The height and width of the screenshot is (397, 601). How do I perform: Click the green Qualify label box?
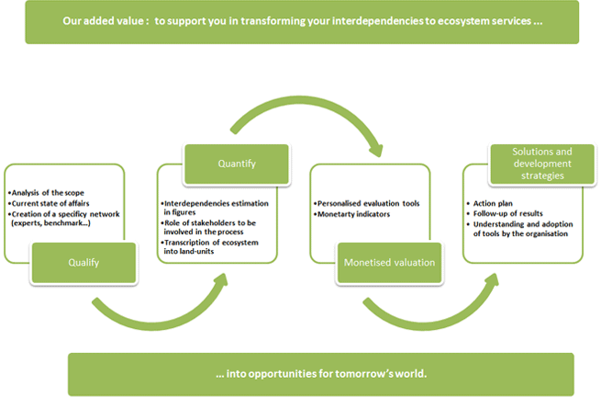[x=83, y=263]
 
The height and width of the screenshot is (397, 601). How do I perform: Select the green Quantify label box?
[x=237, y=164]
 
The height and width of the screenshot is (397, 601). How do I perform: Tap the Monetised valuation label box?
[x=389, y=263]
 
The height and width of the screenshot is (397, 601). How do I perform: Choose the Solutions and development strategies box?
[x=542, y=164]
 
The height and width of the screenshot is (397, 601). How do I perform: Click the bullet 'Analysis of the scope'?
[x=46, y=193]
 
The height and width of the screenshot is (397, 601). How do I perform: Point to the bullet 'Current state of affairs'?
[x=49, y=203]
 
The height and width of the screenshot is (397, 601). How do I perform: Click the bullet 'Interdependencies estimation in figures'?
[x=215, y=208]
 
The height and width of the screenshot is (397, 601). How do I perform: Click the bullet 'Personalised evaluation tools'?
[x=366, y=203]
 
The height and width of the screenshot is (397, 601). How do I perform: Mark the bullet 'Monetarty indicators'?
[x=351, y=214]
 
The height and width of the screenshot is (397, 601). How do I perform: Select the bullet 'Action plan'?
[x=489, y=203]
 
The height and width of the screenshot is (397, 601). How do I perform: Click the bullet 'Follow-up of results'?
[x=505, y=213]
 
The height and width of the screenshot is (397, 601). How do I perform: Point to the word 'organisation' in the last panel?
[x=547, y=233]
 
